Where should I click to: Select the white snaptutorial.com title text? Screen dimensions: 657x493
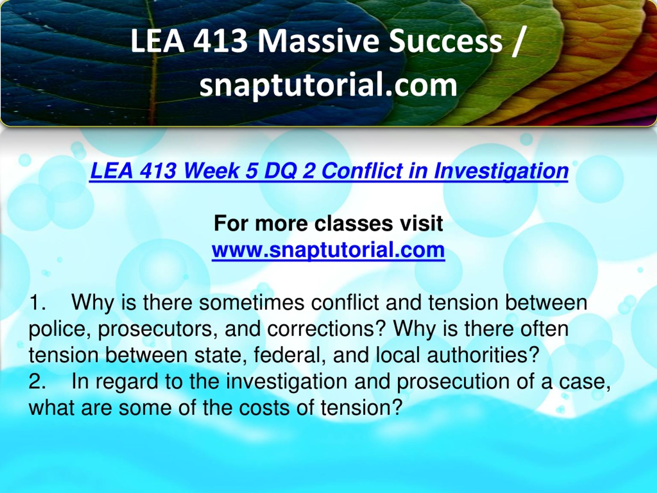[x=328, y=85]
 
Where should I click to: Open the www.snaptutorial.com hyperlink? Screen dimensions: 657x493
[x=328, y=250]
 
